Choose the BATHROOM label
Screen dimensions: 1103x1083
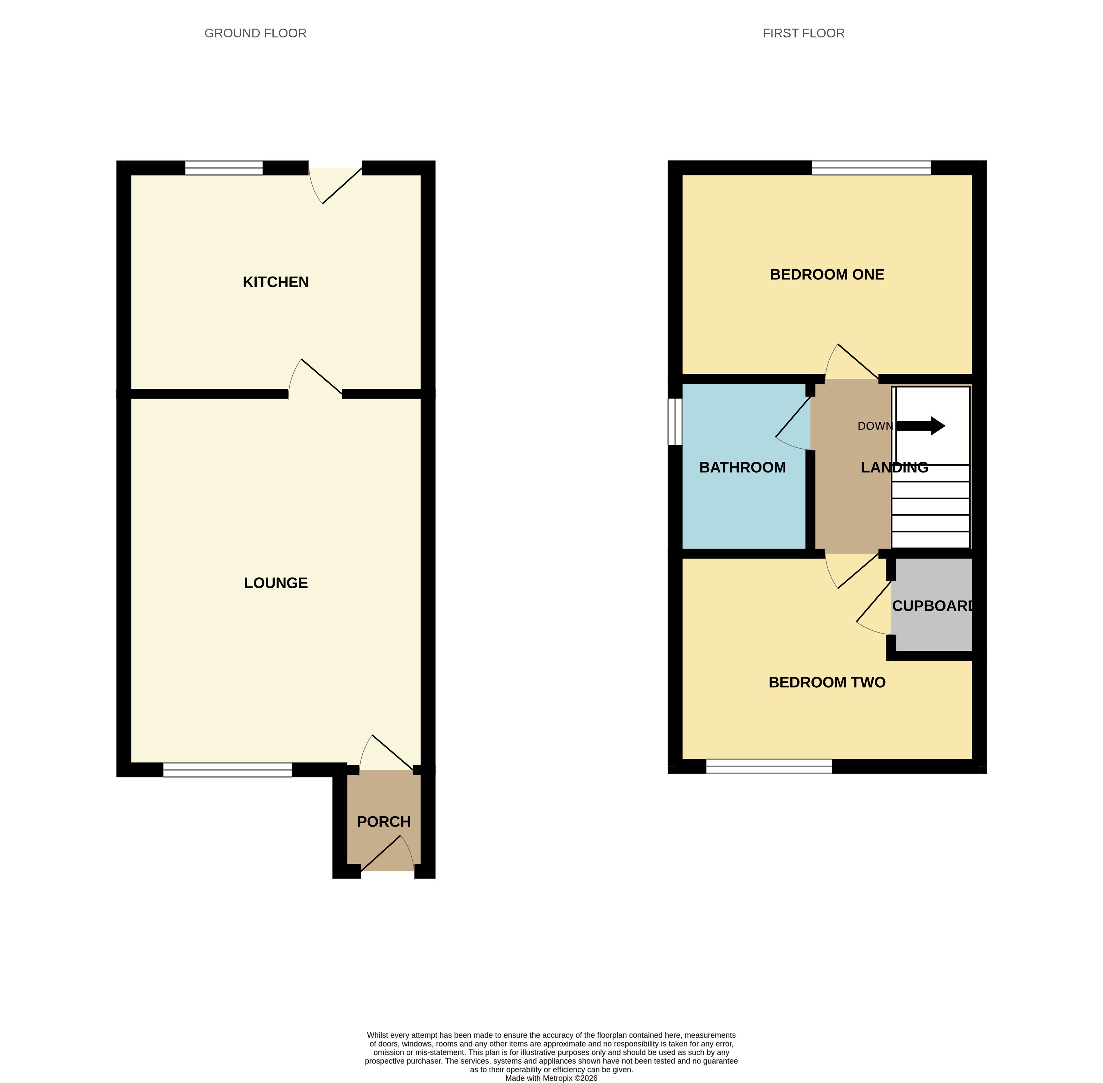742,467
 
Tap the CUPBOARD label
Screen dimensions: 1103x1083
933,606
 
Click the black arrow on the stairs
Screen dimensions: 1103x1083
920,426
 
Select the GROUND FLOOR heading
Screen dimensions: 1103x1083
255,34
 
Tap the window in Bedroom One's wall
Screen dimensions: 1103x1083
871,168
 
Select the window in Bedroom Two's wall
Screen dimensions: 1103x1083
769,766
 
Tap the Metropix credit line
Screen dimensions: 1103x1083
551,1078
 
